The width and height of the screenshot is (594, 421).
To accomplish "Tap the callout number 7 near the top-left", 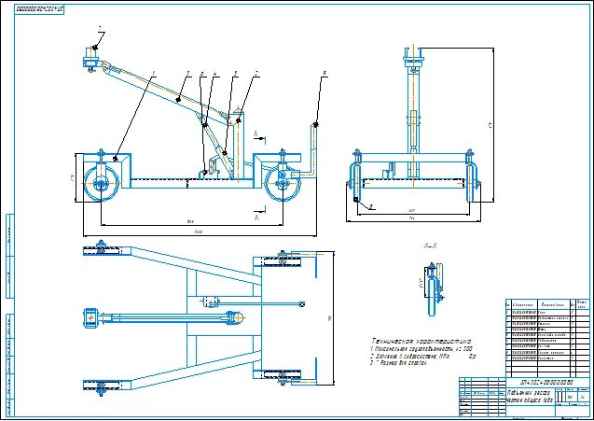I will point(100,29).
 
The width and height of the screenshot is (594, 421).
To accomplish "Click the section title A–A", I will point(431,246).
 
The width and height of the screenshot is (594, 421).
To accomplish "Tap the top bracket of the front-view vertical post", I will point(410,63).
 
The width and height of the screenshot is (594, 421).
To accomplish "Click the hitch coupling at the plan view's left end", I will point(91,317).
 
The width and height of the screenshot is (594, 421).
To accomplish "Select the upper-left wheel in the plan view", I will point(97,249).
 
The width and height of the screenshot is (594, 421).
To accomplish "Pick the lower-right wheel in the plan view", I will point(283,377).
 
